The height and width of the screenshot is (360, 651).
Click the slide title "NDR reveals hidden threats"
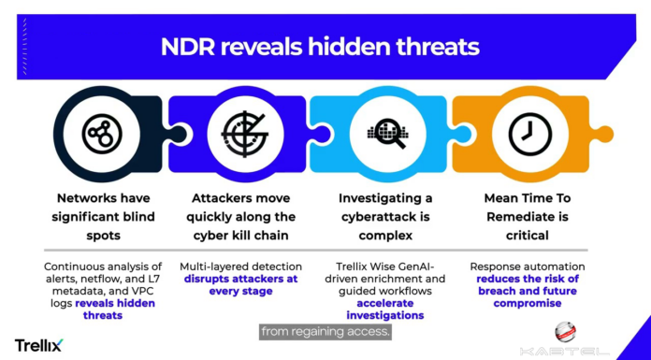320,47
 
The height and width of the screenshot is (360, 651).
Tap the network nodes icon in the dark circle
102,134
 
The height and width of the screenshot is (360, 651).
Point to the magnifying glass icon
387,134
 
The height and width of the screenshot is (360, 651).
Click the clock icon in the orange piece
530,134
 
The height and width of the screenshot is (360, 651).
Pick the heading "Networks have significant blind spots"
104,217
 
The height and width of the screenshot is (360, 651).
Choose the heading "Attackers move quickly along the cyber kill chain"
240,217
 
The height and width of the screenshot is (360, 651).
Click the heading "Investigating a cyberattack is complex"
385,217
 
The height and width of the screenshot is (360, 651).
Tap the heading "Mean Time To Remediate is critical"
528,217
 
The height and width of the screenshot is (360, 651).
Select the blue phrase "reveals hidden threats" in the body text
112,310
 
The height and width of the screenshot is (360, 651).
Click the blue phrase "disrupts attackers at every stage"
240,285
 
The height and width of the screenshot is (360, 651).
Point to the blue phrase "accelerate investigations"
385,310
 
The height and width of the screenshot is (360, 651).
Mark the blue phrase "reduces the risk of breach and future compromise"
528,291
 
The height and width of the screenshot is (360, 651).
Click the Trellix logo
39,345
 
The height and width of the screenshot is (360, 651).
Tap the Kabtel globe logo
565,332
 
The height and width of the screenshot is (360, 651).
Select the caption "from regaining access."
325,332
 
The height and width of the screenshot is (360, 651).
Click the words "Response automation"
528,266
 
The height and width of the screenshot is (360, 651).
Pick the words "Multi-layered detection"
240,266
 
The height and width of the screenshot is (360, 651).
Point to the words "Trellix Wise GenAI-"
385,266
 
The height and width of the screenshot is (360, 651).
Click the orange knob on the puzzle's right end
602,135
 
